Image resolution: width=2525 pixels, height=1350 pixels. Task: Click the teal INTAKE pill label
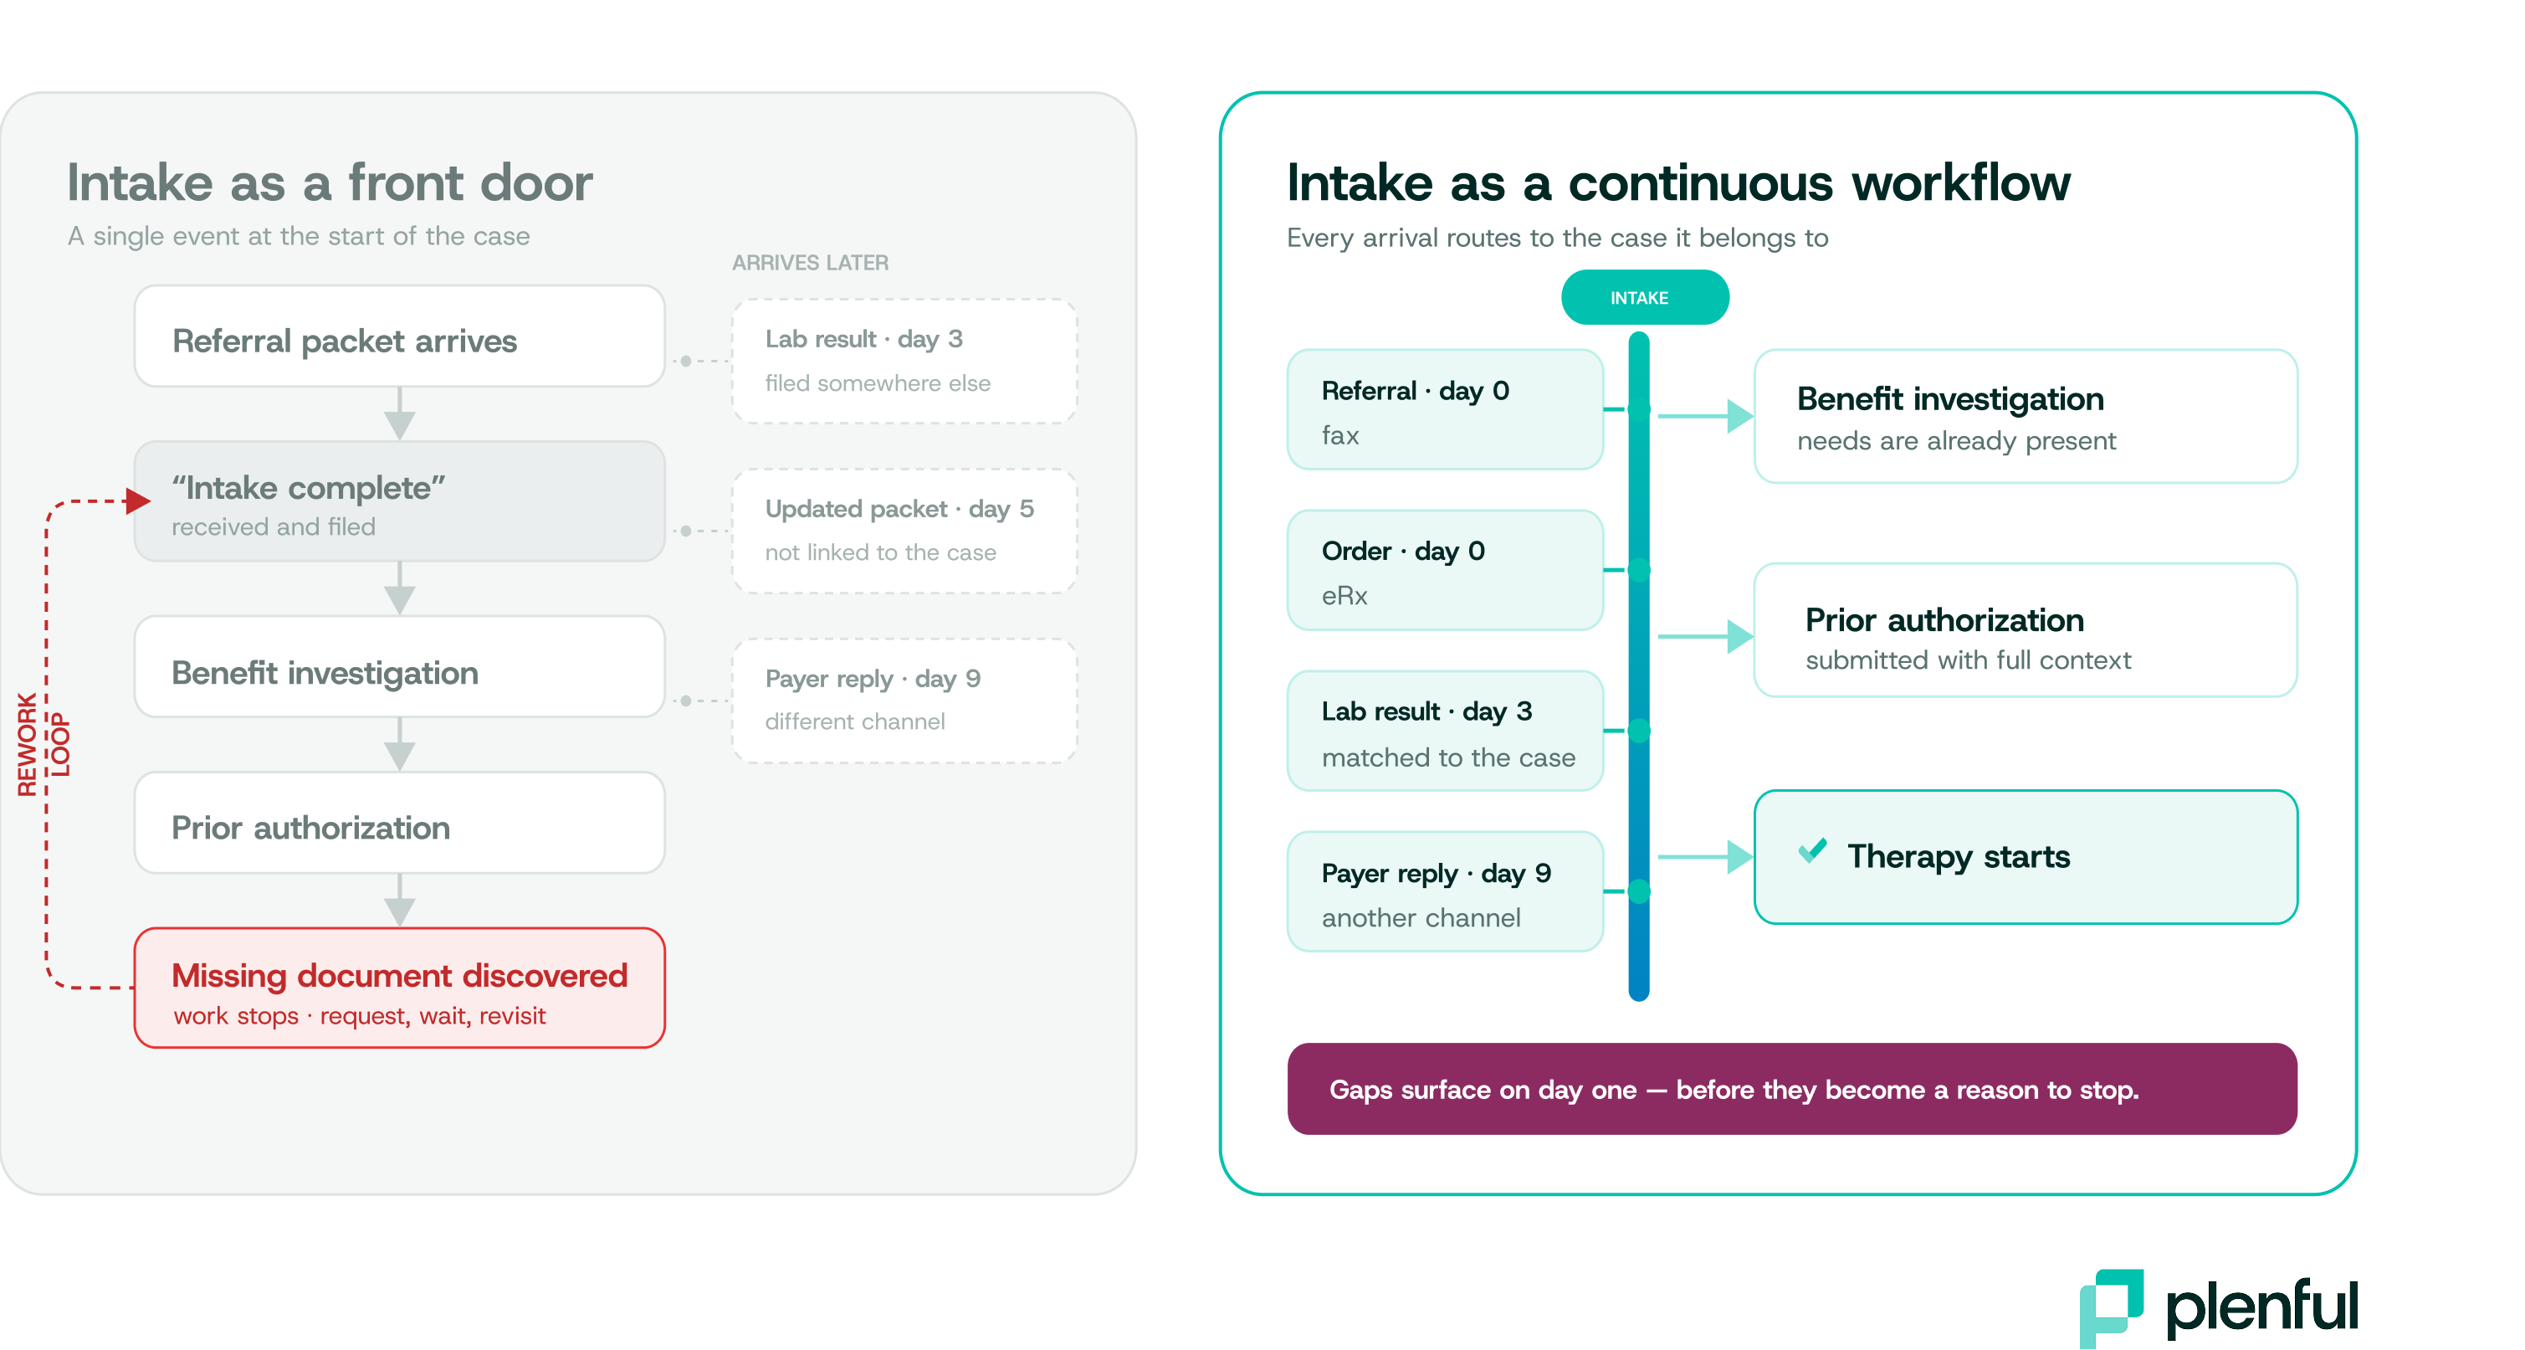point(1644,297)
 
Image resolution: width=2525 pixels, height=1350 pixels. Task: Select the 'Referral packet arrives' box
point(399,336)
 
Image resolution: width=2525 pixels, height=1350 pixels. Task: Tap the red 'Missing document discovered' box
point(399,988)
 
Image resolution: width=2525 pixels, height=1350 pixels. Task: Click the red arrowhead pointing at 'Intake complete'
point(138,501)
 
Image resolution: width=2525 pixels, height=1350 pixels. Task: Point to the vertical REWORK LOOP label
point(44,744)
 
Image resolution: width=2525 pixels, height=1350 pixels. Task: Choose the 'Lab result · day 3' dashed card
point(904,361)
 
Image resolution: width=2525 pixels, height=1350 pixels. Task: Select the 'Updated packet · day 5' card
point(904,531)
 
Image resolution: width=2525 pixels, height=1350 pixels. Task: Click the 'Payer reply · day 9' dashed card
point(904,700)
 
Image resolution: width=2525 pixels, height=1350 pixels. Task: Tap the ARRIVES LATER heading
point(810,263)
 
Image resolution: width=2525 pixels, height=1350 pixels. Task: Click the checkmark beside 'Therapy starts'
point(1811,850)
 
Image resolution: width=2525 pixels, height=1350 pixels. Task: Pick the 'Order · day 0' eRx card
point(1445,570)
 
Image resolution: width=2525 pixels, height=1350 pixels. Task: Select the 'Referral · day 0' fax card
point(1445,408)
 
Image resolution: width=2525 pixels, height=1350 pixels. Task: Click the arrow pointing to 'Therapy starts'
point(1704,857)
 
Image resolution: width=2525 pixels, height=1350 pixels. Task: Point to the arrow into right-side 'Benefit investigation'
point(1704,416)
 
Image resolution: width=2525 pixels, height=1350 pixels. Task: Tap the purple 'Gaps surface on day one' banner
point(1792,1088)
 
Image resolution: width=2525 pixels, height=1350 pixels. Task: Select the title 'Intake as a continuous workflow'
point(1678,183)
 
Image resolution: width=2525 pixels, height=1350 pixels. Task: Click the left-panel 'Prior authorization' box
point(399,823)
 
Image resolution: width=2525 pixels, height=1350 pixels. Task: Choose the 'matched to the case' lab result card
point(1445,731)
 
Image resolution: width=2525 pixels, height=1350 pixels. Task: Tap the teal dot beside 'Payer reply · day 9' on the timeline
point(1639,891)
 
